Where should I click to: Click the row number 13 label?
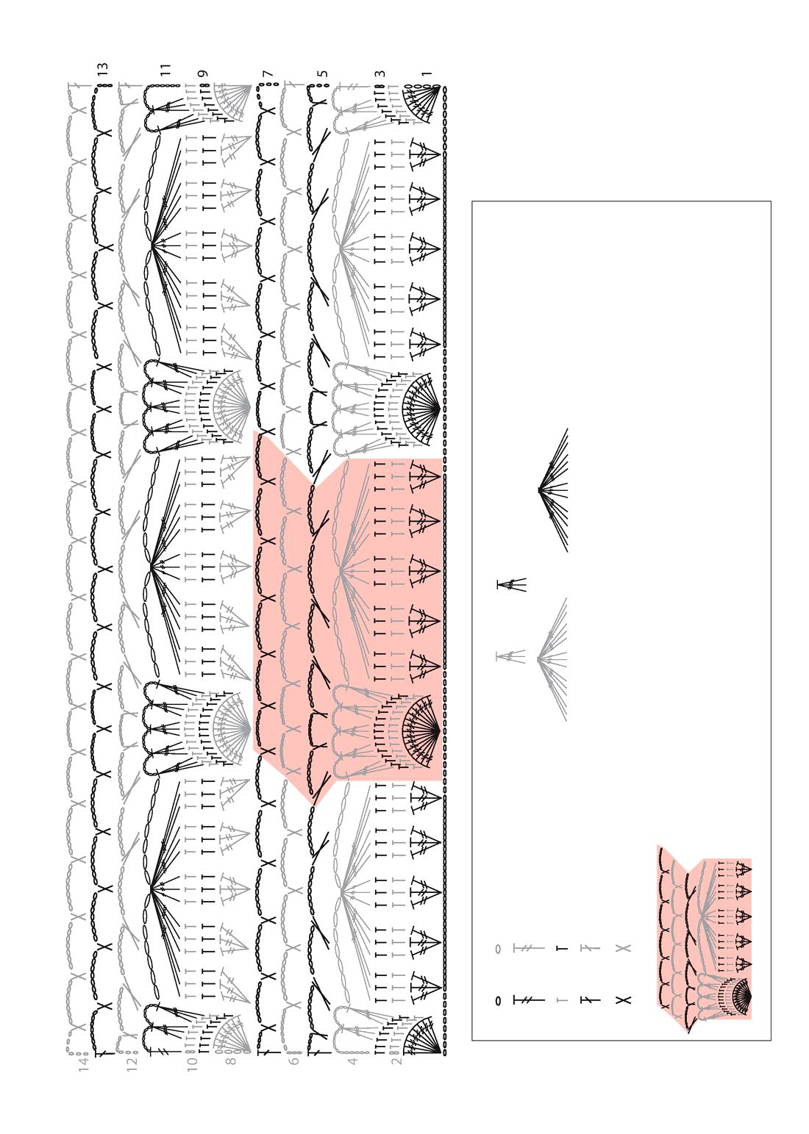[x=103, y=71]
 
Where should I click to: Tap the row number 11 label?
[x=166, y=69]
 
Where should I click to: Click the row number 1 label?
[x=427, y=74]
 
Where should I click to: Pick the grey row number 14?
[x=84, y=1063]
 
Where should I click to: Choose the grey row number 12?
[x=132, y=1063]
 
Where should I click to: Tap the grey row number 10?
[x=193, y=1063]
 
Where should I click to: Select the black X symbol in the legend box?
[x=623, y=1000]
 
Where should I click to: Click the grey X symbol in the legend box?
[x=623, y=948]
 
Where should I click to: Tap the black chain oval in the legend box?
[x=498, y=1000]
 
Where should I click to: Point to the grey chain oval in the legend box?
[x=498, y=949]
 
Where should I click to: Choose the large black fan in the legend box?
[x=554, y=490]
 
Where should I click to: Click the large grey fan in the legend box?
[x=553, y=658]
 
